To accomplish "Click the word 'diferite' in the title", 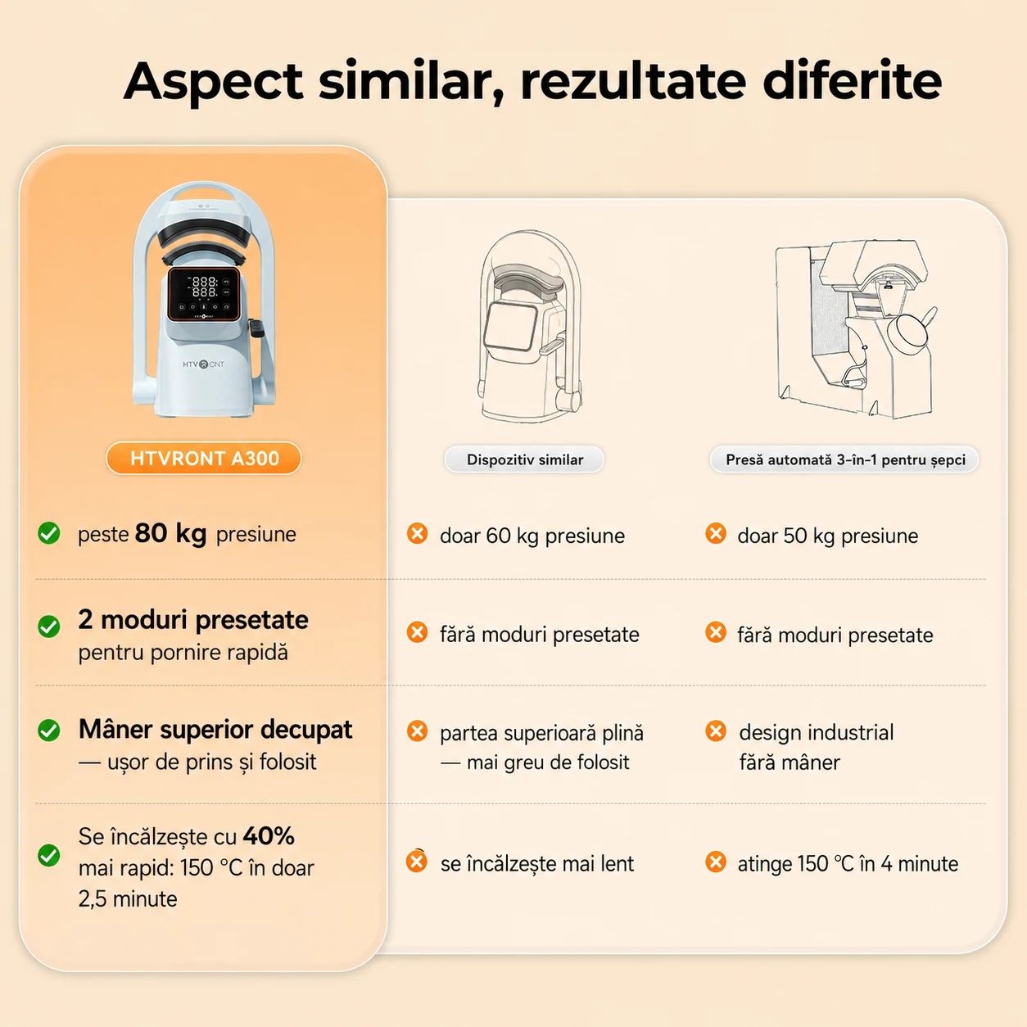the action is tap(853, 82).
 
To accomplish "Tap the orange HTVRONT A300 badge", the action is tap(204, 459).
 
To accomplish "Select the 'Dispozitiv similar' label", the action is tap(524, 459).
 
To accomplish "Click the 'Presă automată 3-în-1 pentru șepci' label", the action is tap(844, 459).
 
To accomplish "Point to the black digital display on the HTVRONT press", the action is tap(204, 295).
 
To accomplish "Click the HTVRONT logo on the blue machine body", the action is tap(204, 364).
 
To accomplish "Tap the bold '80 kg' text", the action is tap(170, 533).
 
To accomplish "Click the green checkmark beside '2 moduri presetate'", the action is tap(49, 627).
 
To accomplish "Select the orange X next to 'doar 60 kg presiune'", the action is tap(418, 533).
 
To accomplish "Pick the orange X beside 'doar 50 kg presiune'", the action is tap(716, 533).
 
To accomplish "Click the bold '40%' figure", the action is tap(269, 836).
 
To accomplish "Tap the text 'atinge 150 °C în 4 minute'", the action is tap(848, 864).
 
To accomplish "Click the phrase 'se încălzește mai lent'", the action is tap(537, 864).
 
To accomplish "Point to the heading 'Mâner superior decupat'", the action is tap(215, 730).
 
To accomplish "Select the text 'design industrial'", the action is tap(817, 733).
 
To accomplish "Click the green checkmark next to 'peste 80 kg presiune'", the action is tap(49, 533).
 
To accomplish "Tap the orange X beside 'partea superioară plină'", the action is tap(418, 731).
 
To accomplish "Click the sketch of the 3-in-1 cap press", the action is tap(855, 329).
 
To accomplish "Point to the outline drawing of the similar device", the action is tap(529, 326).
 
